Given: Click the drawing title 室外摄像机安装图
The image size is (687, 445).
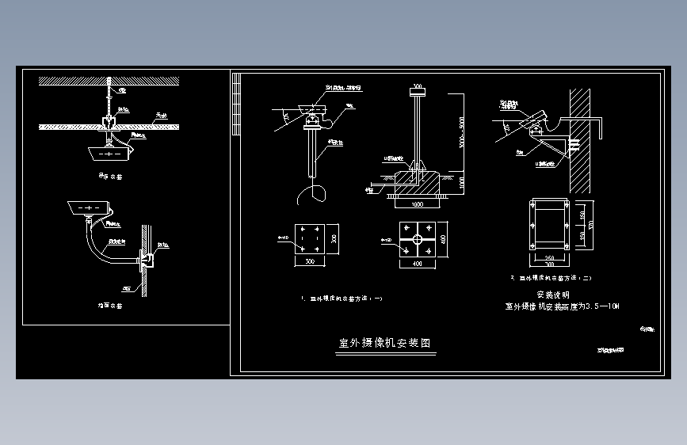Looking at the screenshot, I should point(385,344).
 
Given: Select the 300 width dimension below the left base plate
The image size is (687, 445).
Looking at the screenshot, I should point(309,260).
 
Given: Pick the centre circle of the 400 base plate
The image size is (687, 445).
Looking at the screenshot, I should point(415,238).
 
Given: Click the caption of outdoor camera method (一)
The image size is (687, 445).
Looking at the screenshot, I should point(343,299).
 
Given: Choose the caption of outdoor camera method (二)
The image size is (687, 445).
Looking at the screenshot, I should point(552,278).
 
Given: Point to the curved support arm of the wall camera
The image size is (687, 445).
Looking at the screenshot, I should point(101,246).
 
